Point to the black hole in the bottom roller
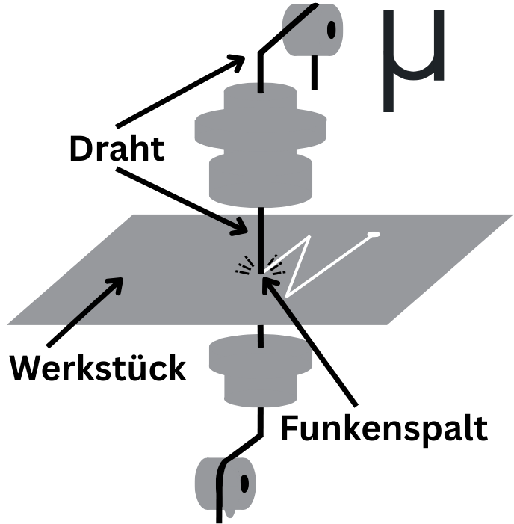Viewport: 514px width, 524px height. click(244, 484)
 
